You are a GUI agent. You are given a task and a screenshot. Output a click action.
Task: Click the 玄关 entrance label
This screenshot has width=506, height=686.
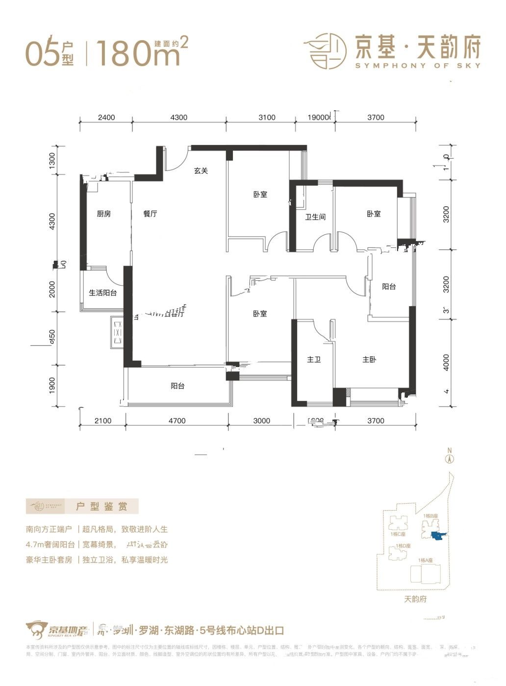tap(201, 171)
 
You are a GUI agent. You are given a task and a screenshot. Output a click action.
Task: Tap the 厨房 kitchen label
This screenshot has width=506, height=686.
tap(103, 214)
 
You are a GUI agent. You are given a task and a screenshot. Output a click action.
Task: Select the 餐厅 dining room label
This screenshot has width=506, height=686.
tap(150, 214)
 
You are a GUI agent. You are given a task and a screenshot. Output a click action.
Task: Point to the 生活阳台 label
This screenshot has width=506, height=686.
tap(102, 293)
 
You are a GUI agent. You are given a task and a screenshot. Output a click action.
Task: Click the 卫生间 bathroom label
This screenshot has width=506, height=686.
tap(315, 217)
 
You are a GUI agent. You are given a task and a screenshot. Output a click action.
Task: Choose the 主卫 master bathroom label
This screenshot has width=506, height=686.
tap(314, 360)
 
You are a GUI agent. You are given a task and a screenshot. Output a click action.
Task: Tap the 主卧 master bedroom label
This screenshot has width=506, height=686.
tap(369, 360)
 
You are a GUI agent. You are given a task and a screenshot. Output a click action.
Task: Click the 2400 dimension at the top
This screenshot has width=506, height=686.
tap(106, 118)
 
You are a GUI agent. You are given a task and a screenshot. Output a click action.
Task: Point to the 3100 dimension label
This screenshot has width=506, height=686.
tap(267, 118)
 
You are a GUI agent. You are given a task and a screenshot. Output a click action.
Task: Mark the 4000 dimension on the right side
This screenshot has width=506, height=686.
tap(446, 362)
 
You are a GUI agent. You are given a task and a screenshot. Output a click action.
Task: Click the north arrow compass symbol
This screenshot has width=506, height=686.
tap(449, 458)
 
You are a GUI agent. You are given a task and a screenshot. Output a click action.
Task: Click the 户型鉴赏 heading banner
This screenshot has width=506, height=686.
tap(82, 506)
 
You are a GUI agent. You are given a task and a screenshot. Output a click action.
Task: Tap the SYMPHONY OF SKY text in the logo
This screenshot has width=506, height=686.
tap(417, 65)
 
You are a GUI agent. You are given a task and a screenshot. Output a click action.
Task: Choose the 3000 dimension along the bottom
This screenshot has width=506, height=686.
tap(262, 420)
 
